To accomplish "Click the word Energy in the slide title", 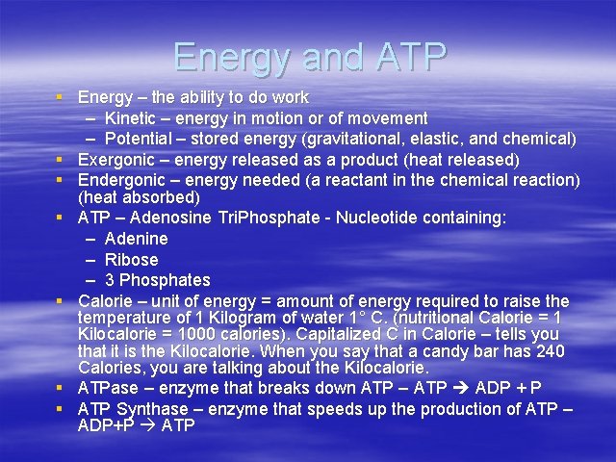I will [225, 58].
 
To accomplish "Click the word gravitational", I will [360, 139].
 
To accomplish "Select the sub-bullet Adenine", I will [136, 239].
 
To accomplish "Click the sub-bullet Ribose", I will [131, 260].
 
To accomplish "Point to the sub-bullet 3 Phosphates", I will [157, 280].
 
